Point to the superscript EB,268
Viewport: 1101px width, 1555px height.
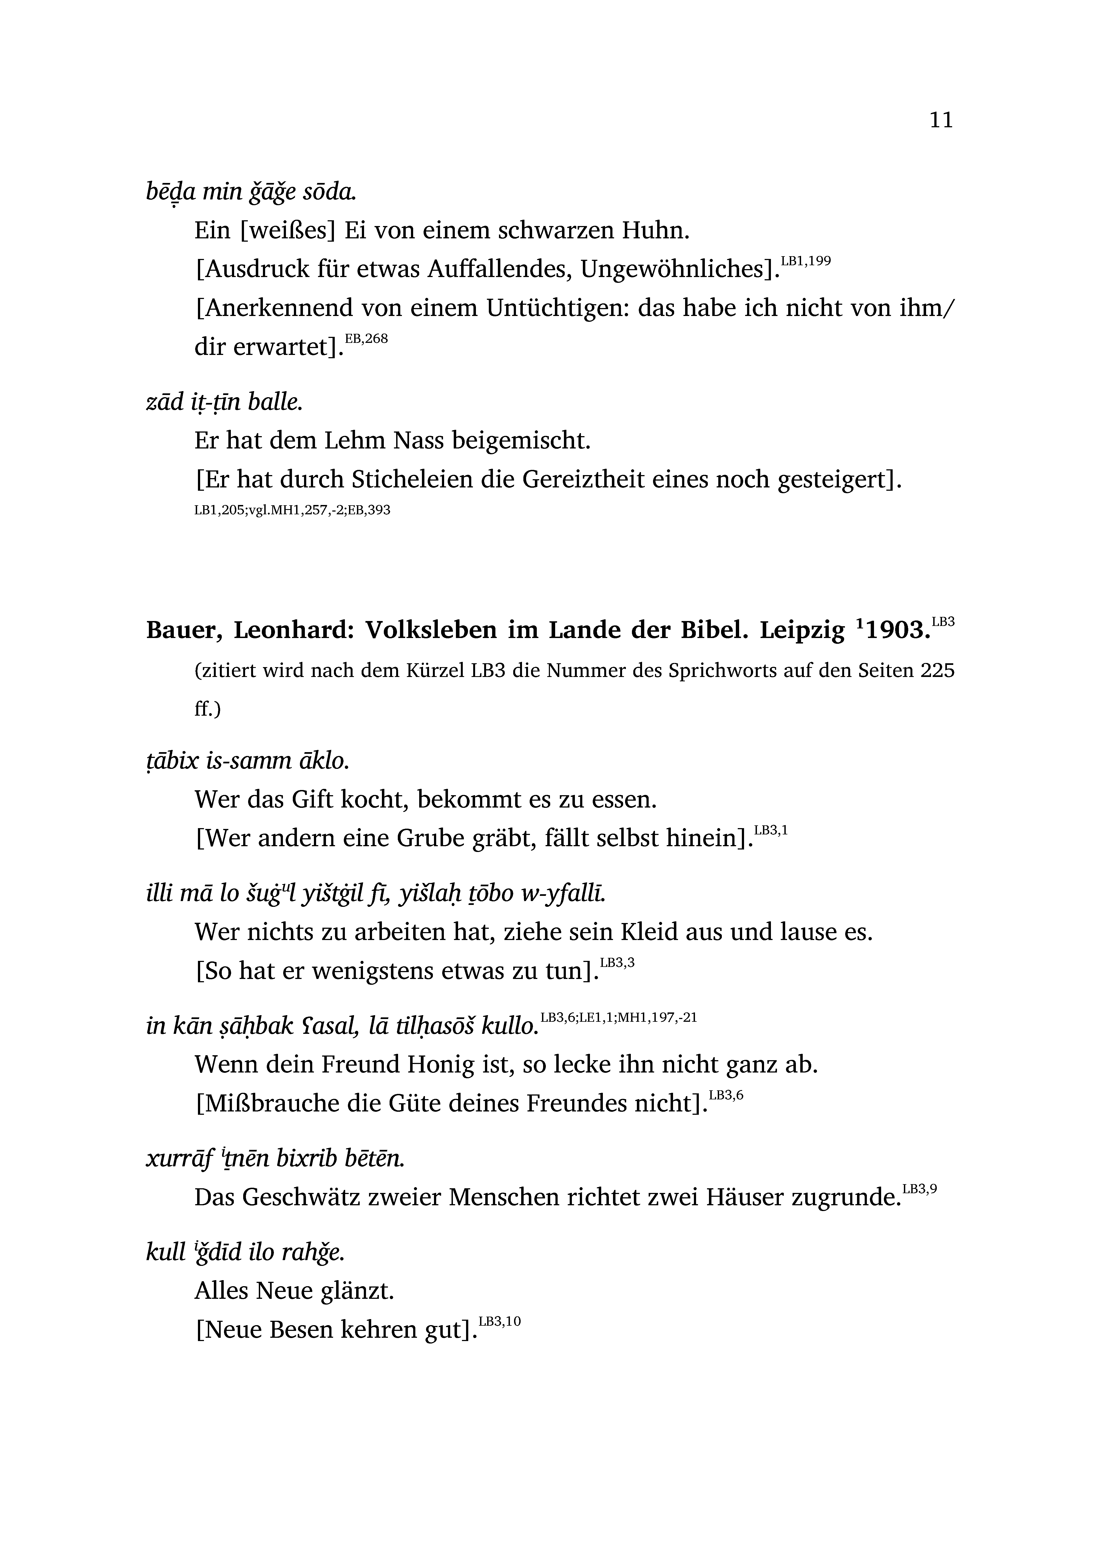(x=366, y=338)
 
